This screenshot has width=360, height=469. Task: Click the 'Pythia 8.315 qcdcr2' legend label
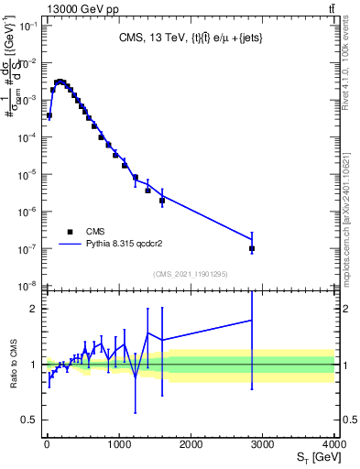click(x=128, y=245)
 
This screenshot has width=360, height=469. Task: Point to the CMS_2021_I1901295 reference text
click(x=190, y=274)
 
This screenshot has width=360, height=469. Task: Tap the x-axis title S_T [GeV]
click(x=315, y=456)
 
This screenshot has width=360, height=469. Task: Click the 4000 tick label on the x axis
click(x=334, y=443)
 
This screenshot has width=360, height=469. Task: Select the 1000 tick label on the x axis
click(x=119, y=443)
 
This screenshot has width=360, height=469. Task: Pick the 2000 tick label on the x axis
click(x=191, y=443)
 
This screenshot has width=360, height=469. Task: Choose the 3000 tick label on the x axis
click(x=263, y=443)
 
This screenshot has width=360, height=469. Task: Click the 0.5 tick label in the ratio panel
click(x=27, y=420)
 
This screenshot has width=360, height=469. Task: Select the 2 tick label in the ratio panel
click(x=32, y=309)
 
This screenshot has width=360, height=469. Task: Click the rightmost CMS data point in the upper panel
click(x=252, y=248)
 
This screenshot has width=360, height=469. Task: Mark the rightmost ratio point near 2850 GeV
click(x=252, y=320)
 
